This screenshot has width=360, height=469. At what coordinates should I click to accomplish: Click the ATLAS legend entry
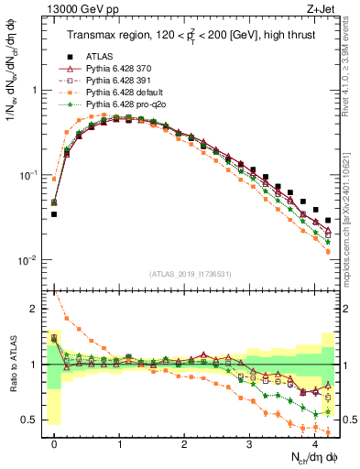pos(99,56)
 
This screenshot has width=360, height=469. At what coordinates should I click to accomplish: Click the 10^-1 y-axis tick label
pos(27,175)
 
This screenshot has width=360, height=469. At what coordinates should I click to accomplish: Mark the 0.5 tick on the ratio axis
pos(32,420)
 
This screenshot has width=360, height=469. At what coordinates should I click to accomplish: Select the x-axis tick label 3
pos(249,443)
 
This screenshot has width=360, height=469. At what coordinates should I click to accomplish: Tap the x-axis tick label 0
pos(54,443)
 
